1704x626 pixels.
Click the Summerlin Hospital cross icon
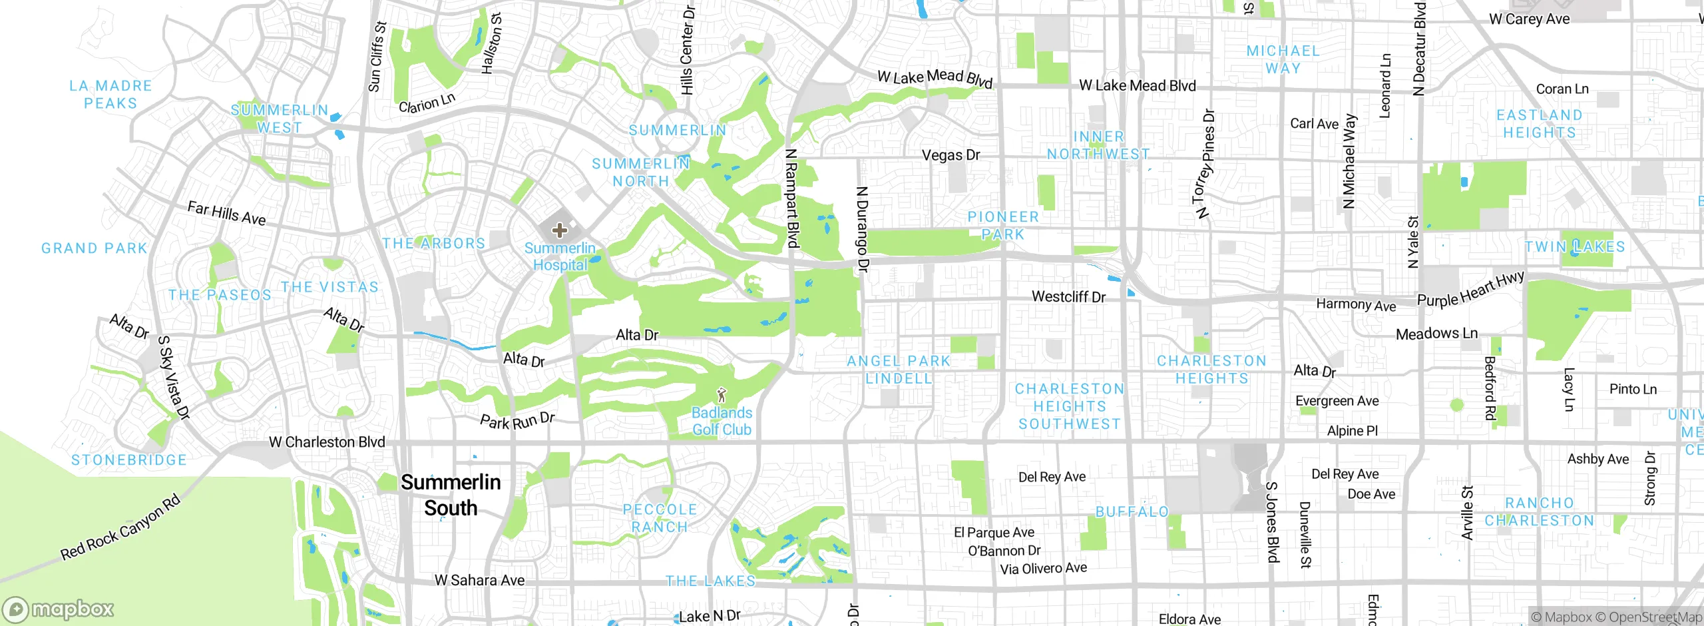pos(559,230)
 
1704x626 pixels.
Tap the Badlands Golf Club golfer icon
pos(722,395)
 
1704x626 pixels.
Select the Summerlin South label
pos(451,495)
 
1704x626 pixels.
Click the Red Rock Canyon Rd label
pos(120,527)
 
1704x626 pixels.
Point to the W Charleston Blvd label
pos(327,442)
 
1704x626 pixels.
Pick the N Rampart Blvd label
pos(791,198)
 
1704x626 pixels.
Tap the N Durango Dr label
pos(862,229)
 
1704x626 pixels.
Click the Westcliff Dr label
pos(1068,296)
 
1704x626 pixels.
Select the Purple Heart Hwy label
pos(1470,290)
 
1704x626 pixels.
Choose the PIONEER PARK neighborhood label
pos(1003,225)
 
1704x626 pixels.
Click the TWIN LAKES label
pos(1575,246)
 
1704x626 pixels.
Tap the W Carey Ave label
pos(1529,19)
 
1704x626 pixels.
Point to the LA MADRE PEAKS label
pos(110,94)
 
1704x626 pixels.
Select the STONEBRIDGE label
pos(129,460)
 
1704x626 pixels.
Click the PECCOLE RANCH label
pos(659,518)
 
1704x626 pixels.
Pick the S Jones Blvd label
pos(1272,522)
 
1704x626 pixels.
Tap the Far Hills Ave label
pos(226,213)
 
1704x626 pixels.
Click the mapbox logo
pos(59,609)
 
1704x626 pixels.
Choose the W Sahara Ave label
pos(479,580)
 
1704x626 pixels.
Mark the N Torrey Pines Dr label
pos(1205,164)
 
